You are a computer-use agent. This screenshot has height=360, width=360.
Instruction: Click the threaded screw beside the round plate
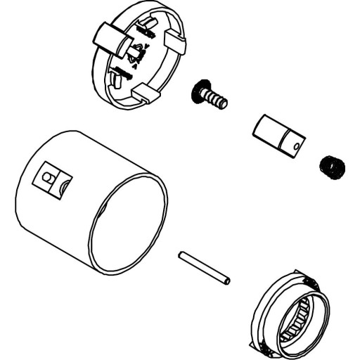click(210, 97)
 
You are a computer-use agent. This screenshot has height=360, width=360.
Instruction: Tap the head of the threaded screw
click(200, 91)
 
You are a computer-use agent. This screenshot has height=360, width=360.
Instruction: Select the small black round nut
click(330, 167)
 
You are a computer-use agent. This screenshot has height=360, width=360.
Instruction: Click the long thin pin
click(204, 268)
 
